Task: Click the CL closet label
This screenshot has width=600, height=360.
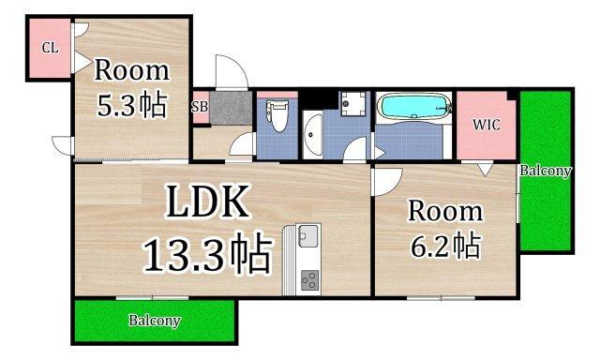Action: [50, 48]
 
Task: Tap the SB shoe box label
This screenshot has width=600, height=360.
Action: [199, 107]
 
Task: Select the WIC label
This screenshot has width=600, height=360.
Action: [485, 124]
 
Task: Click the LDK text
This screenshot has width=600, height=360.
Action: [208, 202]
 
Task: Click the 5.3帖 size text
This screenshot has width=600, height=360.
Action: [132, 104]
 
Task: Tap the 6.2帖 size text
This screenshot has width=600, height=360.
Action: [445, 245]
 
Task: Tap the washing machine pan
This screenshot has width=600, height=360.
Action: [353, 102]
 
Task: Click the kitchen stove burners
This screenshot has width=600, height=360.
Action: [308, 279]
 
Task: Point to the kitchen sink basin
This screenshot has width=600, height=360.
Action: [308, 237]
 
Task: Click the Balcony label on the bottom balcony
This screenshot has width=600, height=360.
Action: [154, 321]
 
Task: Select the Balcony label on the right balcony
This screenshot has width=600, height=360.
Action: [545, 172]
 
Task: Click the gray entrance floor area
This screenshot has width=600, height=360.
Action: [230, 108]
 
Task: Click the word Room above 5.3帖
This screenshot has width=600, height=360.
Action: [131, 70]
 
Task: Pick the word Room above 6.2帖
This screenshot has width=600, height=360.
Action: [444, 210]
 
